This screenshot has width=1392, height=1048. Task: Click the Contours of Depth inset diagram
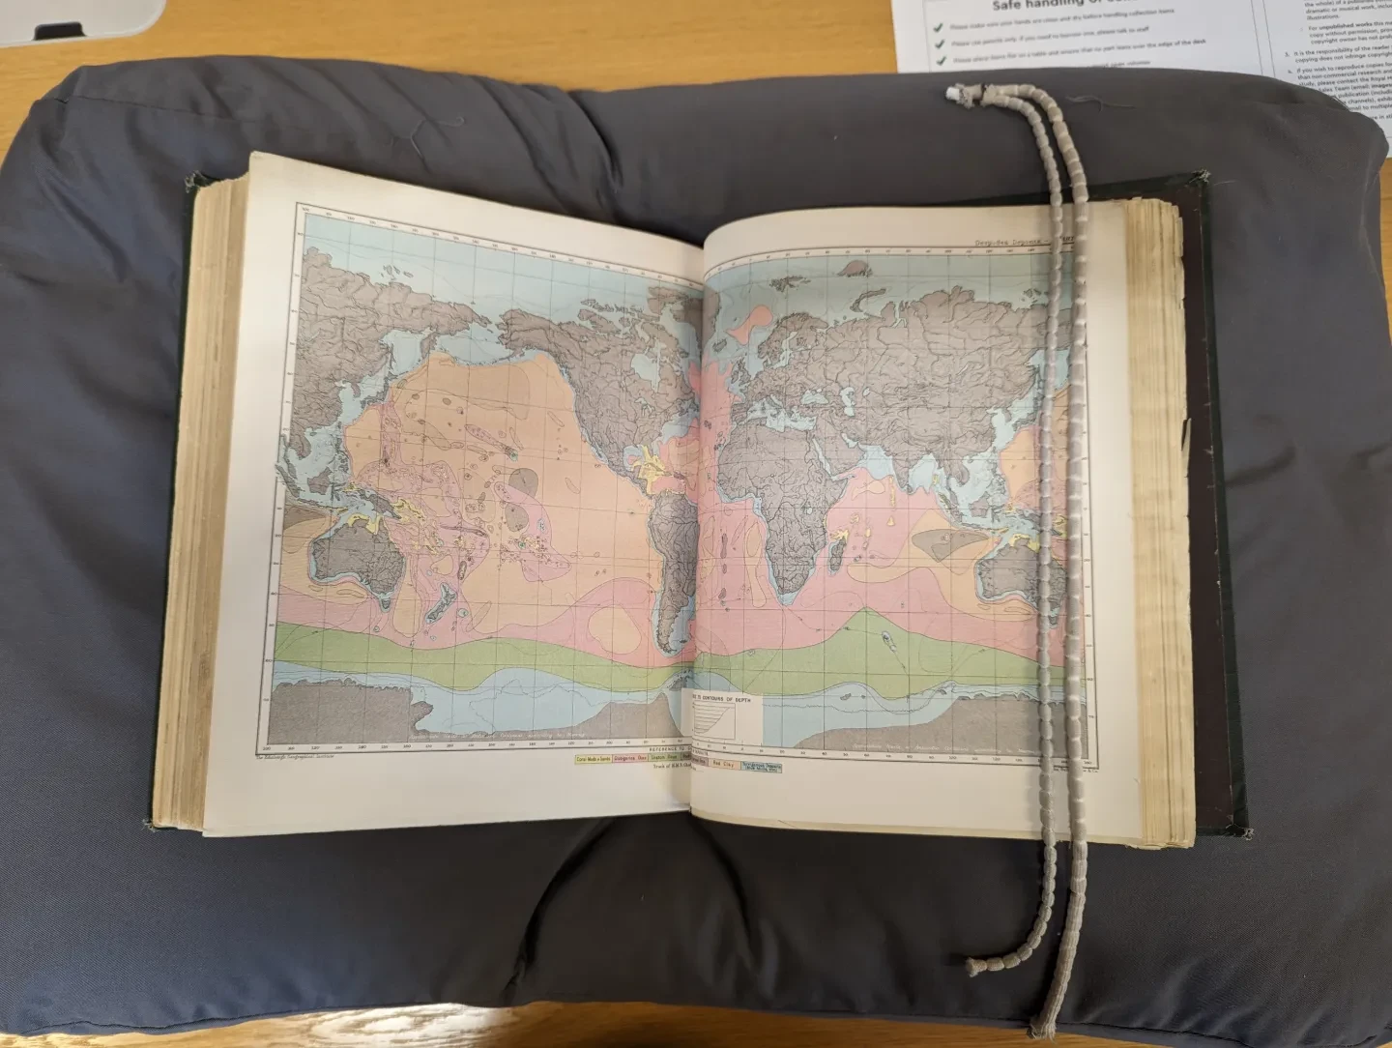(x=722, y=718)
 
